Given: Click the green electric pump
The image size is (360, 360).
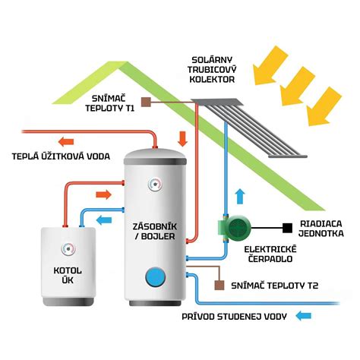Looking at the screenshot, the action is click(x=234, y=227).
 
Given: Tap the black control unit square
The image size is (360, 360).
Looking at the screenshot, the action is click(x=287, y=228).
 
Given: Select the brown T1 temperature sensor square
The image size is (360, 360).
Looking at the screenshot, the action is click(x=146, y=102).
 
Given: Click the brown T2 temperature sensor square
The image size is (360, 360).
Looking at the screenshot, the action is click(x=219, y=285).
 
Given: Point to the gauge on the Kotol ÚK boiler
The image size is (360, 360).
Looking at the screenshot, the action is click(x=68, y=249).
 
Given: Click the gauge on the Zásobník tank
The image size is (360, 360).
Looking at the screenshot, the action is click(x=156, y=184).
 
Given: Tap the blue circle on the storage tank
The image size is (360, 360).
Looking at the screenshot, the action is click(x=156, y=276).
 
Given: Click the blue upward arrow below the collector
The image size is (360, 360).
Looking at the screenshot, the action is click(x=240, y=197).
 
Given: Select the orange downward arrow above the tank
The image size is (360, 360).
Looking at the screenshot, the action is click(x=182, y=139).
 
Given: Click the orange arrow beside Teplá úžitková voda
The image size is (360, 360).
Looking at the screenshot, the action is click(x=66, y=141).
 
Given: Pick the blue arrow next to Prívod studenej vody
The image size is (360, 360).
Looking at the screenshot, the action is click(x=303, y=316).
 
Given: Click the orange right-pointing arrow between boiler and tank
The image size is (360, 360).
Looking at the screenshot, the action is click(x=104, y=194).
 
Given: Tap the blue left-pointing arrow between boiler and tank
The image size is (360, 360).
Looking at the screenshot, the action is click(x=104, y=219).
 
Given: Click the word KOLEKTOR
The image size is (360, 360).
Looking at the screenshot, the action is click(x=212, y=79).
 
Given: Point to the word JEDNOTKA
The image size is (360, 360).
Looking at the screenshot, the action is click(x=321, y=233).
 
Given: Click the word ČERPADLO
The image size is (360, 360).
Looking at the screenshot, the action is click(x=270, y=258).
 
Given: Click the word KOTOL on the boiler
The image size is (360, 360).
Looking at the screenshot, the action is click(x=68, y=270).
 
